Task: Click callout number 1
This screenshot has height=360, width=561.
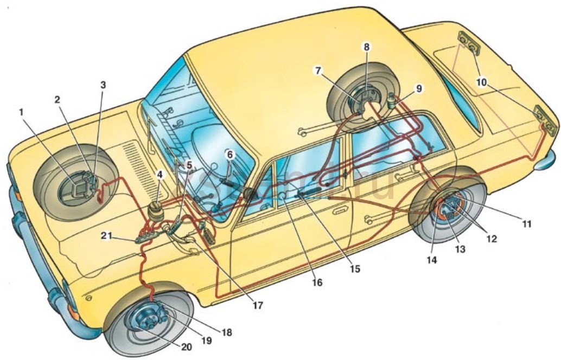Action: [22, 112]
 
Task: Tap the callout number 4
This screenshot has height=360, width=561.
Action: [159, 175]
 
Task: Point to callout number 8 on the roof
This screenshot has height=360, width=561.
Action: [367, 47]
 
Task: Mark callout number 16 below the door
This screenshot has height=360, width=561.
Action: [317, 282]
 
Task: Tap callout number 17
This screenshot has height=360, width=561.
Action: [257, 306]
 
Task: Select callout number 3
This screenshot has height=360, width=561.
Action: [103, 85]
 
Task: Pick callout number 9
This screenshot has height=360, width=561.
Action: [418, 87]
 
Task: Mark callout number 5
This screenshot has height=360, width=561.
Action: [189, 164]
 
